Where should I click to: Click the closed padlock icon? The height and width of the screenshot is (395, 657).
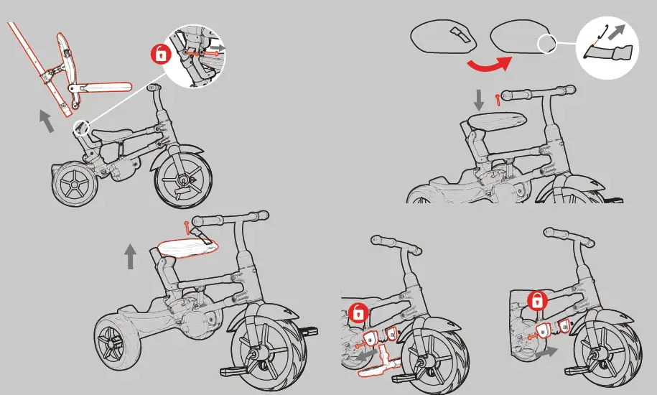pyautogui.click(x=535, y=301)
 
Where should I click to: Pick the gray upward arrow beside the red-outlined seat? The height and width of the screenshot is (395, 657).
pyautogui.click(x=130, y=256)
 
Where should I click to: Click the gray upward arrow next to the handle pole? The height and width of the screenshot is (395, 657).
pyautogui.click(x=46, y=121)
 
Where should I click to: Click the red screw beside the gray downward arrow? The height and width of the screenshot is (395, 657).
pyautogui.click(x=496, y=96)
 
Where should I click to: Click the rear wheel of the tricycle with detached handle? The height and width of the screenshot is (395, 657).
pyautogui.click(x=74, y=185)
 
